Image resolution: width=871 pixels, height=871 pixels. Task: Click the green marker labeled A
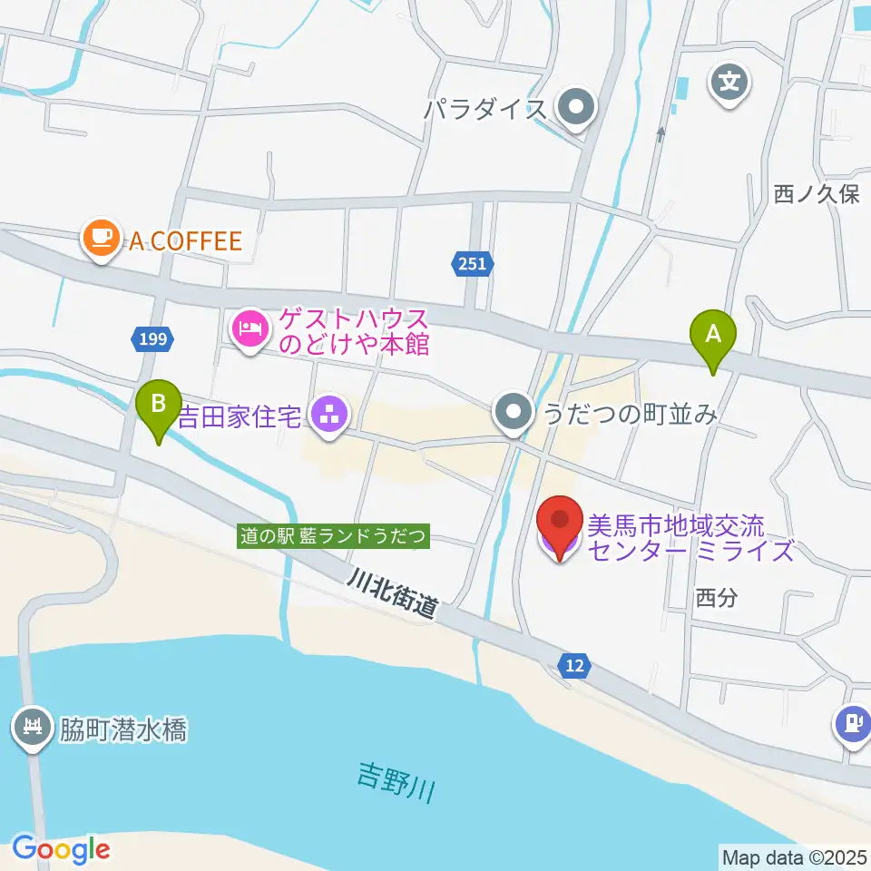(713, 336)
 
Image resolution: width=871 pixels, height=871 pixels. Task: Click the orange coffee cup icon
(100, 239)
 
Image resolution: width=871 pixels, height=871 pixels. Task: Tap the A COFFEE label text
(185, 241)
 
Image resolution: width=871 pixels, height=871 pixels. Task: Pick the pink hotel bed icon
(250, 328)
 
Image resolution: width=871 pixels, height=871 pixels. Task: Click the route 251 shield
(472, 264)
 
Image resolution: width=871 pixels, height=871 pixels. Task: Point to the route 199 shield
(153, 339)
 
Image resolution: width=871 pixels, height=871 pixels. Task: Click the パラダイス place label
(486, 111)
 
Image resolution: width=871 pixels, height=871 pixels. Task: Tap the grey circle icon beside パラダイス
(575, 110)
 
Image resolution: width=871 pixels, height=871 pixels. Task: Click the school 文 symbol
(729, 84)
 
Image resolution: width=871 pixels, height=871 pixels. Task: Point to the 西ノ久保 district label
(816, 194)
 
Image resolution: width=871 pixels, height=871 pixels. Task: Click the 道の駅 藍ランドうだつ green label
(333, 536)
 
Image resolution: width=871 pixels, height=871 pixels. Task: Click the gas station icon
(853, 724)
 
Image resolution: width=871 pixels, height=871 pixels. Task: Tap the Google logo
(61, 849)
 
